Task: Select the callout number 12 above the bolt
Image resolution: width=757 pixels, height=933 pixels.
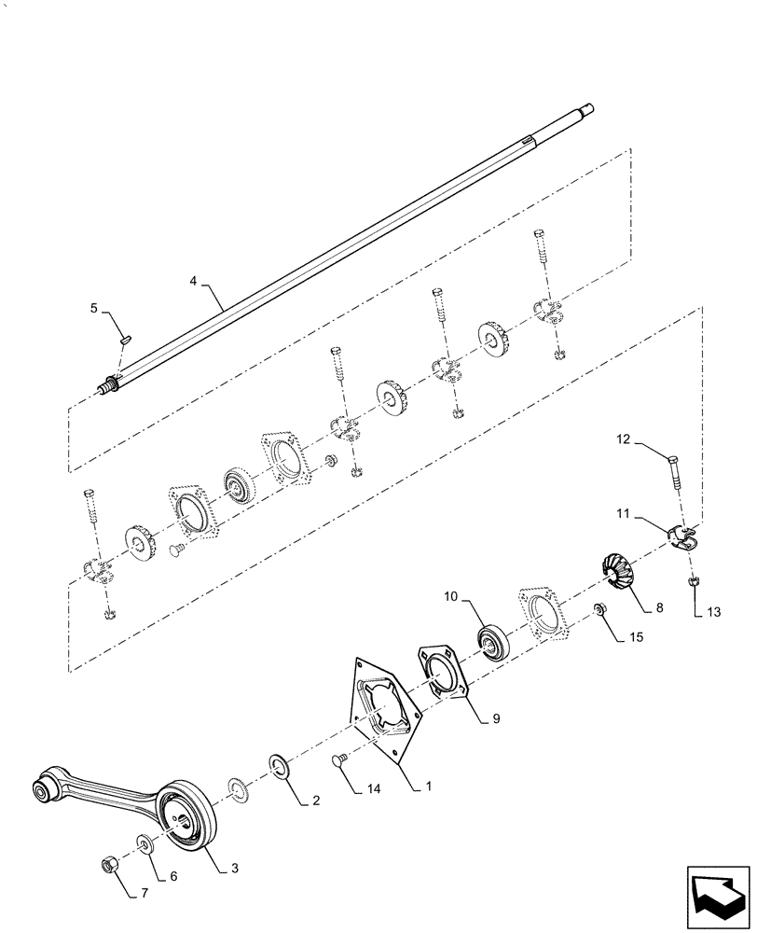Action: pos(622,439)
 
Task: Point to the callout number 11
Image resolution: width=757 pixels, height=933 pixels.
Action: pos(622,512)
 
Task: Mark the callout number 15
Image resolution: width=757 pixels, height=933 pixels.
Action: pos(636,637)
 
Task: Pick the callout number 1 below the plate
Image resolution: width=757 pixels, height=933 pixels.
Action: pos(427,787)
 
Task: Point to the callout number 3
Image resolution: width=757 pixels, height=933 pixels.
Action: pos(234,868)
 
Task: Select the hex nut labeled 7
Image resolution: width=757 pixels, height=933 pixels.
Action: pos(107,862)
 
